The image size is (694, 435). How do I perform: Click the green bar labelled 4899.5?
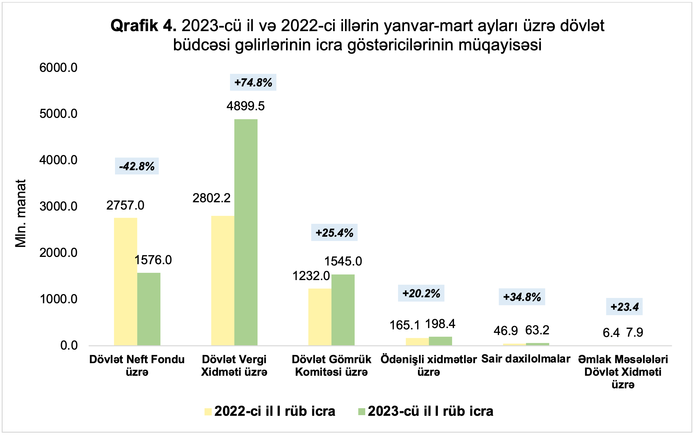tap(246, 232)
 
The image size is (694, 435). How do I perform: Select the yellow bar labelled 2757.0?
tap(125, 281)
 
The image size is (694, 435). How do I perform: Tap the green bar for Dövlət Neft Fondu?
tap(149, 309)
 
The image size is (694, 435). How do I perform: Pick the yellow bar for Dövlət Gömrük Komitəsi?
tap(320, 317)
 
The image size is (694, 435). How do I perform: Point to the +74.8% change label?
tap(253, 82)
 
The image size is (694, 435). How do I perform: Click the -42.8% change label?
tap(137, 166)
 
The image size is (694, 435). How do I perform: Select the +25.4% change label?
tap(334, 233)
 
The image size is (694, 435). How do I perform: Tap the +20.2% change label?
tap(421, 293)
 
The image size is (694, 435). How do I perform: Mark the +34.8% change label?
tap(522, 297)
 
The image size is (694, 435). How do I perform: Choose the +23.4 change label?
tap(624, 307)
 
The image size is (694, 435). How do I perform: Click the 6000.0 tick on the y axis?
tap(58, 68)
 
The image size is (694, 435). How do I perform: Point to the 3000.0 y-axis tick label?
tap(58, 206)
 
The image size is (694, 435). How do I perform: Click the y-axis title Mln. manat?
tap(21, 214)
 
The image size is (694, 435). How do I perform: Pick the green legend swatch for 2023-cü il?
tap(362, 411)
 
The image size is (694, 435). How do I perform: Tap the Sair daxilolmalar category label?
tap(526, 359)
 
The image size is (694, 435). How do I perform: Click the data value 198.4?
tap(440, 324)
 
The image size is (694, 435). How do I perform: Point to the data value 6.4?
tap(611, 333)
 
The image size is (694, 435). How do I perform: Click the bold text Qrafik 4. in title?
tap(143, 26)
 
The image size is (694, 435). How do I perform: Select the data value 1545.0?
tap(343, 261)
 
